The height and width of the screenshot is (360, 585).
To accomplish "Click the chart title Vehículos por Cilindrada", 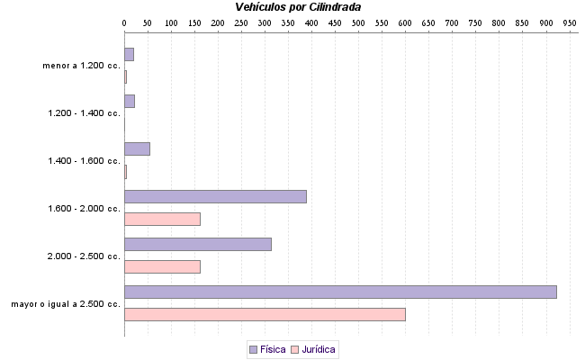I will click(298, 7).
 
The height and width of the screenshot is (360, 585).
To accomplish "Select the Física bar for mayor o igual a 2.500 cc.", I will click(340, 292).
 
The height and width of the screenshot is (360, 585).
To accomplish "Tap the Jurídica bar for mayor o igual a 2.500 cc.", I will click(265, 314).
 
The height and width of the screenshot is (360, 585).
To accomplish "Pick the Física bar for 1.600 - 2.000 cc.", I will click(215, 196).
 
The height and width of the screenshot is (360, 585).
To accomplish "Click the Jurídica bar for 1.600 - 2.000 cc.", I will click(162, 219).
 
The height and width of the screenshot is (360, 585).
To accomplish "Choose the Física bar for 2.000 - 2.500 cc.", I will click(198, 244).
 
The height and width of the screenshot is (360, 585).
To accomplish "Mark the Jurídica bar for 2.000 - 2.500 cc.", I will click(162, 266).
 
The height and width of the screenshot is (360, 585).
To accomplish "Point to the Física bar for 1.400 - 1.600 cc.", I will click(137, 148).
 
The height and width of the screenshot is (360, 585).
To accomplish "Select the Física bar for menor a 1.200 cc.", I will click(129, 54).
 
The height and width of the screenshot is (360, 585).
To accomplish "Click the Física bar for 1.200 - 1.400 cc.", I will click(130, 101).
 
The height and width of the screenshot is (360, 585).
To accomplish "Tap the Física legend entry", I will click(267, 349).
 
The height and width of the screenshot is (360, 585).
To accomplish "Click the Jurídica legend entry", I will click(314, 349).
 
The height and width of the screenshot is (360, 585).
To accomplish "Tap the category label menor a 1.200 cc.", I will click(81, 66).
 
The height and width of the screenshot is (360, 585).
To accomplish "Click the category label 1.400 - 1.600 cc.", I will click(84, 161).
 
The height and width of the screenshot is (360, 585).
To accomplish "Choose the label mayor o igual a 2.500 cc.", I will click(66, 304).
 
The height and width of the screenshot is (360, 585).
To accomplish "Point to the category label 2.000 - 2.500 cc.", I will click(84, 256).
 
